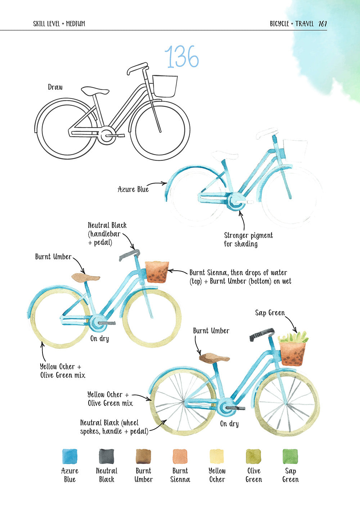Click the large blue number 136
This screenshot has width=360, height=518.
click(181, 57)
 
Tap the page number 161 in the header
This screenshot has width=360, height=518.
click(323, 24)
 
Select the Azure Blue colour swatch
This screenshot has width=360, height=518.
click(69, 456)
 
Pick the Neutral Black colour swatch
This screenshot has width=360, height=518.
click(106, 456)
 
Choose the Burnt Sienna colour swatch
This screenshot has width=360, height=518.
click(180, 456)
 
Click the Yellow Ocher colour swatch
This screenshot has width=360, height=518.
click(217, 456)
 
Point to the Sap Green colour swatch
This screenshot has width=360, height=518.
click(290, 456)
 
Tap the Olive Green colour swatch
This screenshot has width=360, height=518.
click(253, 456)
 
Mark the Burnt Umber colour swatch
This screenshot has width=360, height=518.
click(143, 456)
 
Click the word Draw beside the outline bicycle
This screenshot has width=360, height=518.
click(55, 87)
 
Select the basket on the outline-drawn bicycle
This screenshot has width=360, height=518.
click(165, 86)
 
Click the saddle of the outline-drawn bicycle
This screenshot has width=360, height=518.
click(95, 91)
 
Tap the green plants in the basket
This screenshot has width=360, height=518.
click(293, 338)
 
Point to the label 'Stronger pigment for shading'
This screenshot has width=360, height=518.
click(248, 240)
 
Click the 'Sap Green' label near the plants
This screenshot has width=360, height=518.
click(270, 313)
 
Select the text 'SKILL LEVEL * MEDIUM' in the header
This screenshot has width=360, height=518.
click(59, 24)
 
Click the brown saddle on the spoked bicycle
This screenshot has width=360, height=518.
click(214, 358)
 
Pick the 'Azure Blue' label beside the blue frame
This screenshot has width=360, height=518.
click(133, 189)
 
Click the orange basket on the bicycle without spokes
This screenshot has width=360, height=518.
click(157, 272)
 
